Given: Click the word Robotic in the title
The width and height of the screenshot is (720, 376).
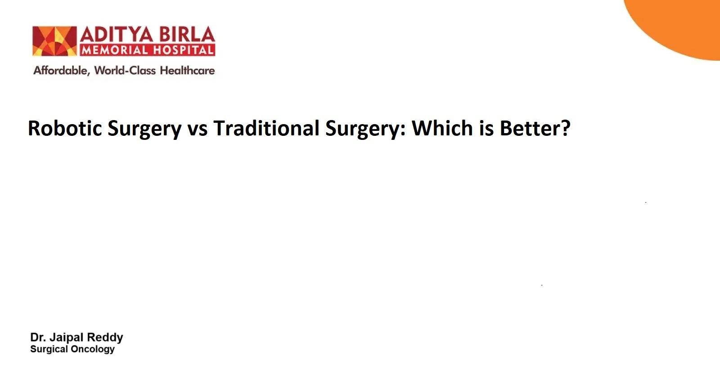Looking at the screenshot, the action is [65, 128].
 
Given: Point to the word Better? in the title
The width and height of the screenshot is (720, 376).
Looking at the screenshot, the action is [535, 128].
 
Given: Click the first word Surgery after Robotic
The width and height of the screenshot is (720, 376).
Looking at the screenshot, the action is [144, 129].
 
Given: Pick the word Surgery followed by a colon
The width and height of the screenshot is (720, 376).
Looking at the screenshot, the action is [365, 129].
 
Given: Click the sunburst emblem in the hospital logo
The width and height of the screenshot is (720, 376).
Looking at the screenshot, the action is [54, 41].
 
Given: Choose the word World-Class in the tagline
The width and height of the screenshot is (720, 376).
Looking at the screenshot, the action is [125, 70].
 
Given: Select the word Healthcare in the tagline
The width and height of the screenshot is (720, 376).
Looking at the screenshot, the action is [187, 70].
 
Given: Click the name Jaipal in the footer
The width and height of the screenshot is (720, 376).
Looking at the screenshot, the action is [67, 338].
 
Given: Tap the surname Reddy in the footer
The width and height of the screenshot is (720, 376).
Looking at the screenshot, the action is [105, 338].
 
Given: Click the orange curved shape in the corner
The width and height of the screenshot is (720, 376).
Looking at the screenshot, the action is [684, 26].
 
